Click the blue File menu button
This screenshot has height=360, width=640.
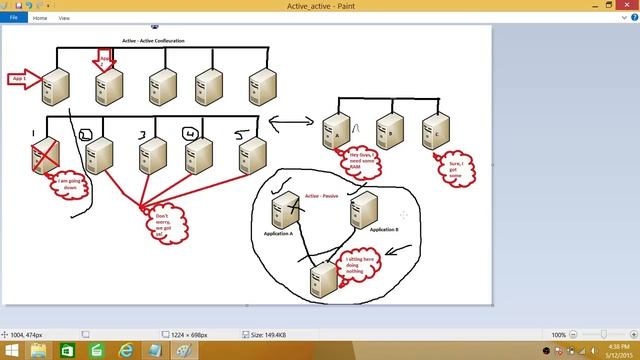13,18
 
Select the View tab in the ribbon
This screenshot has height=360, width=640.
64,18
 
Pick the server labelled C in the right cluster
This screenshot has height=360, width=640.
435,130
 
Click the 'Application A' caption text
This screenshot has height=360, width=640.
279,232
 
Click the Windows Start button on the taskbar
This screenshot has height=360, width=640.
9,351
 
